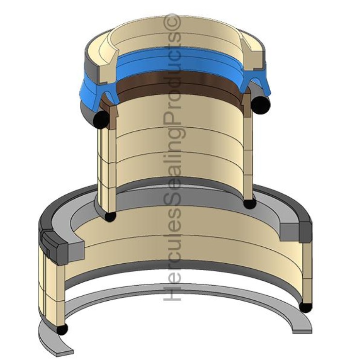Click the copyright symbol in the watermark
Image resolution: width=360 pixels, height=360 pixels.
point(172,21)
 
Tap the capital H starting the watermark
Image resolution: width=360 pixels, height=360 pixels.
point(172,292)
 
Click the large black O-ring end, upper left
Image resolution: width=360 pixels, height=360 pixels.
point(101,119)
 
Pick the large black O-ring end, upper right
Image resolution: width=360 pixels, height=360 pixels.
point(261,103)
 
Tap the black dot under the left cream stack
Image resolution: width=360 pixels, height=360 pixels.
point(110,216)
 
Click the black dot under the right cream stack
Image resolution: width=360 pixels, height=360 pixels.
point(250,203)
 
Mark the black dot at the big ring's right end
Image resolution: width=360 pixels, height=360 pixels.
point(306,307)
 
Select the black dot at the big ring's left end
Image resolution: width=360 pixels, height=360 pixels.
point(62,329)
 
